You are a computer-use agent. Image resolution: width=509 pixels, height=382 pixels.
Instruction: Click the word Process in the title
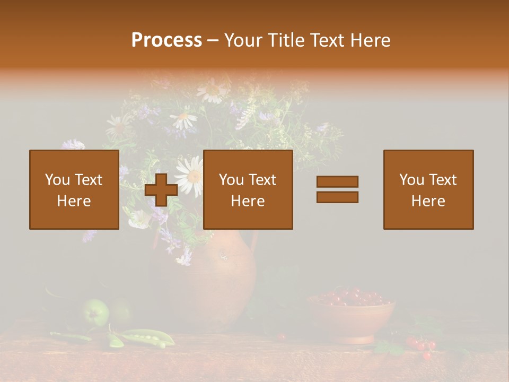tap(166, 40)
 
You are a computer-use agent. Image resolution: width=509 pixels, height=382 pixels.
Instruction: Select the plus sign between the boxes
tap(161, 189)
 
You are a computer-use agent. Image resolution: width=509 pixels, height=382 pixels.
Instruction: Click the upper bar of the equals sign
tap(337, 182)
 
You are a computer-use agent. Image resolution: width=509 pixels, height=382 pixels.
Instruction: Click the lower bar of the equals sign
tap(337, 197)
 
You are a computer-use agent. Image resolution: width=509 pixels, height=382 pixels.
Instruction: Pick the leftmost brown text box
tap(74, 189)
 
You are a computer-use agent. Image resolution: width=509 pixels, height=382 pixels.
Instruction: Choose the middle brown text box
tap(248, 189)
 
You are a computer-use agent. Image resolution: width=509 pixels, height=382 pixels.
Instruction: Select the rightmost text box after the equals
tap(428, 189)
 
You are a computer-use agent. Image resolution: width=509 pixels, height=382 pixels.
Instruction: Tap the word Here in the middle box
tap(248, 201)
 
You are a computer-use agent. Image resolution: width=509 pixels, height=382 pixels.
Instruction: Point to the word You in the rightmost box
tap(411, 180)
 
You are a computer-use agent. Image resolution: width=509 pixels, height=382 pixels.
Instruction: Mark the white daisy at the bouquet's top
tap(212, 90)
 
